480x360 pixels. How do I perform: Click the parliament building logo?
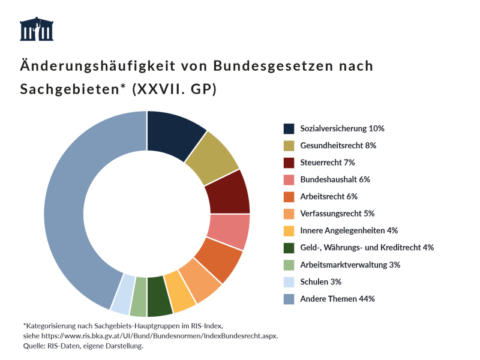(x=37, y=29)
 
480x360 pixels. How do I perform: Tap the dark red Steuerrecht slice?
(x=229, y=192)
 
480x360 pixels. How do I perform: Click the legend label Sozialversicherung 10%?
(x=342, y=128)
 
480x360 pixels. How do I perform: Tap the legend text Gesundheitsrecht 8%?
(x=338, y=145)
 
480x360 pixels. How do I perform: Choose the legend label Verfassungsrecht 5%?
(x=337, y=213)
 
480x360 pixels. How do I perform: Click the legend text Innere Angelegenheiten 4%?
(x=349, y=230)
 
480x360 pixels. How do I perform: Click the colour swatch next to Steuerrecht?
(x=289, y=162)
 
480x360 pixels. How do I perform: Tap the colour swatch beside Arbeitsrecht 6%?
(x=289, y=196)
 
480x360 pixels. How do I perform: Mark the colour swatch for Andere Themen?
(x=289, y=298)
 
